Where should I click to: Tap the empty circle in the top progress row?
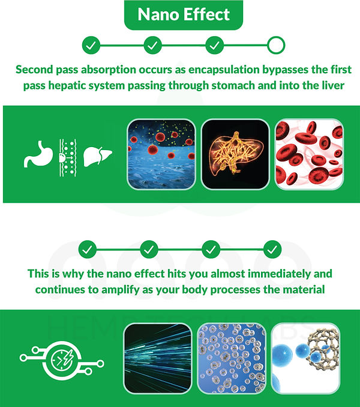click(275, 45)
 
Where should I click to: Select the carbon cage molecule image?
click(305, 358)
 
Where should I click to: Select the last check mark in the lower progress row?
click(273, 249)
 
